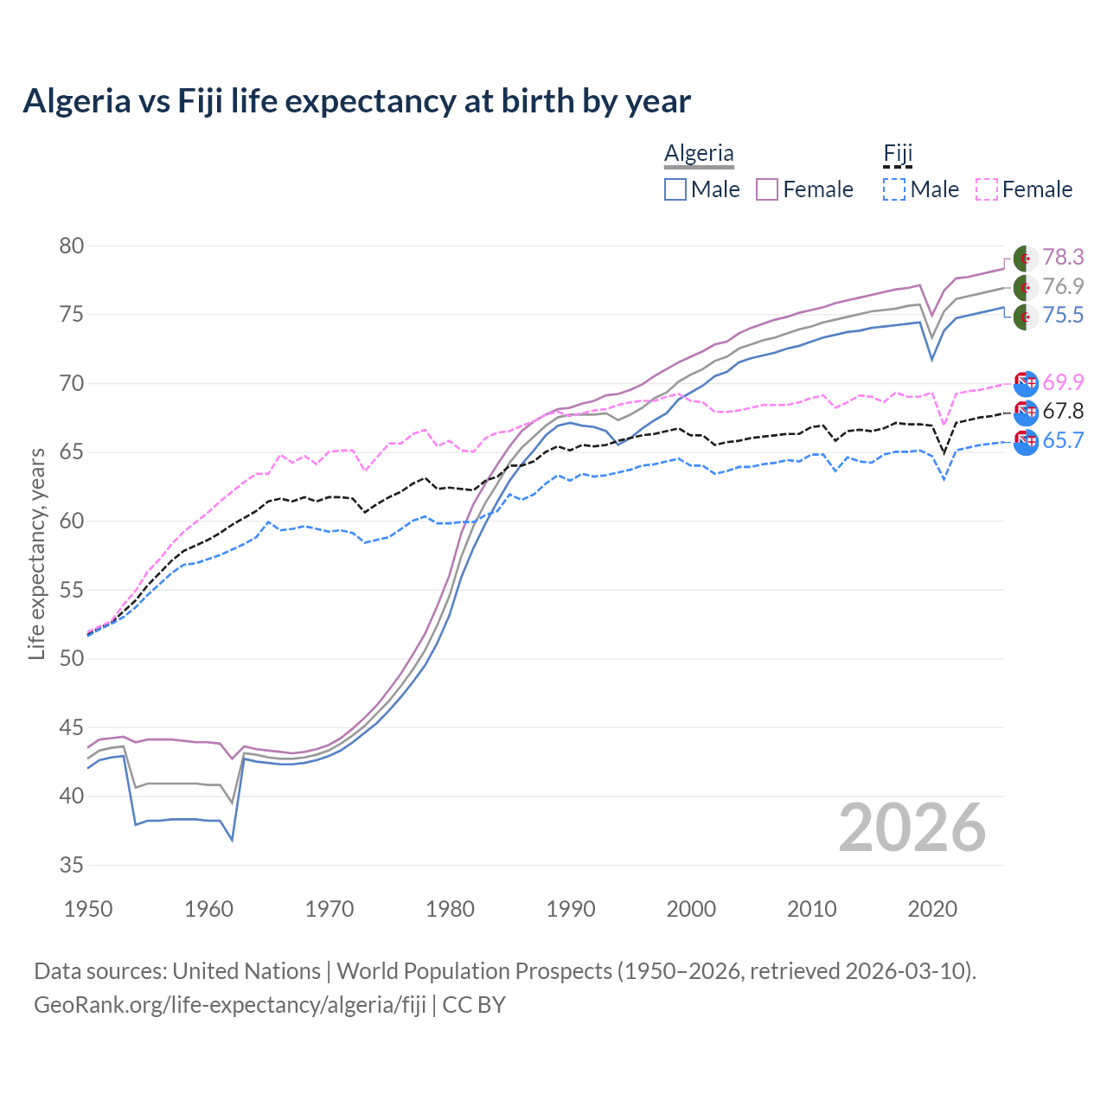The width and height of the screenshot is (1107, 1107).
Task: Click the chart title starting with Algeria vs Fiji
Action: click(356, 101)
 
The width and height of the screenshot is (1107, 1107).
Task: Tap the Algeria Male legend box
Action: click(675, 189)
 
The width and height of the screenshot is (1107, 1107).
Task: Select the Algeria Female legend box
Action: click(768, 189)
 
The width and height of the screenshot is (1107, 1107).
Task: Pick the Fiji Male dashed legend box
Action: click(894, 189)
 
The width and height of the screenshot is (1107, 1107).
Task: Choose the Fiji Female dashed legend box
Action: click(987, 189)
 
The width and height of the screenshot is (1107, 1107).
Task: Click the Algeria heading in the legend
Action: click(699, 153)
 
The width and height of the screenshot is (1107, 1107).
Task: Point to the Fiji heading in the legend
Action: click(898, 153)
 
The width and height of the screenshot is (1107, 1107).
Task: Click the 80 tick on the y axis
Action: click(72, 246)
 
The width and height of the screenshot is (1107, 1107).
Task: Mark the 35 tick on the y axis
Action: click(72, 865)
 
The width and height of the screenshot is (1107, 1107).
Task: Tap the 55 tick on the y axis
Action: click(72, 590)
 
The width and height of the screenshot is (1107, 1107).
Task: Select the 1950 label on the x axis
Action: click(88, 909)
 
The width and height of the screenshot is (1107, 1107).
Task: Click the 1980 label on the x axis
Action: click(450, 909)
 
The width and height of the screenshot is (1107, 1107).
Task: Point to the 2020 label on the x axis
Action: click(932, 909)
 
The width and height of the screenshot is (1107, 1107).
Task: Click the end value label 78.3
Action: click(1063, 258)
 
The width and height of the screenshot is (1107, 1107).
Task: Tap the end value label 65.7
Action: click(1063, 440)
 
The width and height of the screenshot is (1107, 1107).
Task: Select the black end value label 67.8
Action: click(1063, 411)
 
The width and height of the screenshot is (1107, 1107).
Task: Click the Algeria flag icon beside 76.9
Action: click(1025, 287)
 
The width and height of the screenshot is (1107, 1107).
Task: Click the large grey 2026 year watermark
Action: click(912, 828)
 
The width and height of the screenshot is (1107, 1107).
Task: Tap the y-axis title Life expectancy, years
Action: click(36, 553)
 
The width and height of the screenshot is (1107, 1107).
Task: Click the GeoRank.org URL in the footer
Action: click(230, 1005)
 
